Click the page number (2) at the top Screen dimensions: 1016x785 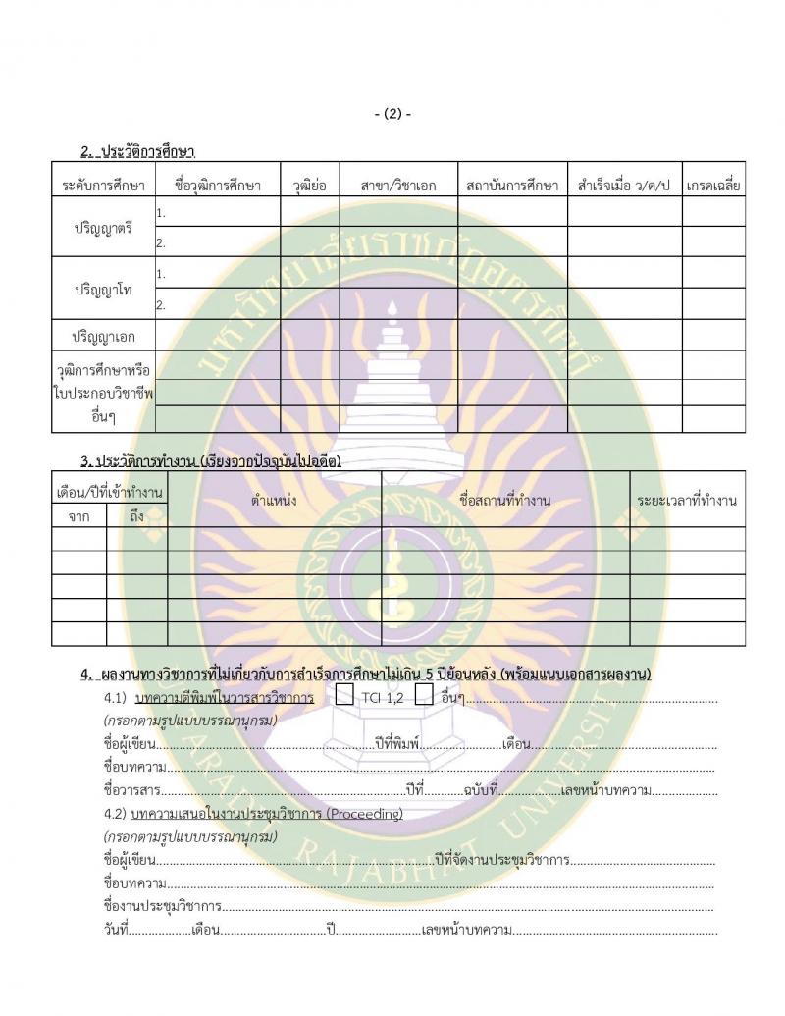coord(392,114)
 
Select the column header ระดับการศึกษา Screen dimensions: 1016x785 coord(103,185)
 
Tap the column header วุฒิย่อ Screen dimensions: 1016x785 coord(310,185)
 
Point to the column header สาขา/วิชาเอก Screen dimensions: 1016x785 coord(398,185)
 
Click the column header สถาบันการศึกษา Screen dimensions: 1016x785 coord(512,185)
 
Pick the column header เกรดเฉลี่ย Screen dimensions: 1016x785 coord(713,185)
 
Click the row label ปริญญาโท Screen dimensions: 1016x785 coord(103,290)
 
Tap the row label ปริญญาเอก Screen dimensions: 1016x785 coord(103,337)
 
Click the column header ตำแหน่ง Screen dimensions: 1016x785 coord(274,501)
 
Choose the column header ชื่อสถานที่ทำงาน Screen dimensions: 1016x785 coord(505,501)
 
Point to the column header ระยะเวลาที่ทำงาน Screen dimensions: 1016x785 coord(687,501)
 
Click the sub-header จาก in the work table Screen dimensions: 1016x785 coord(78,515)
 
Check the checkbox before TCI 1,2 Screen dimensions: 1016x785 coord(344,696)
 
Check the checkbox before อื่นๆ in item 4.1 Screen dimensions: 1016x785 coord(424,696)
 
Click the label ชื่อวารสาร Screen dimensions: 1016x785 coord(131,788)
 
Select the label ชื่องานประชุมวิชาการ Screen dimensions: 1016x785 coord(161,905)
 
